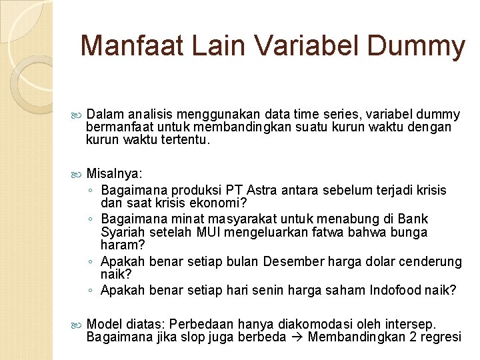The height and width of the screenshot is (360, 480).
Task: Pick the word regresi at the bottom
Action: coord(439,337)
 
